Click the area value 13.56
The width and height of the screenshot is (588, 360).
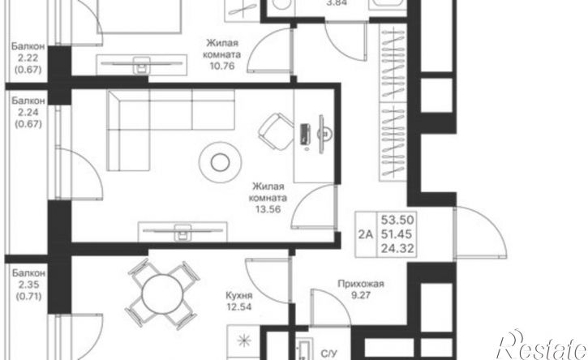[x=268, y=209]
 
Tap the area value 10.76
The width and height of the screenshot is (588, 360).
[x=221, y=66]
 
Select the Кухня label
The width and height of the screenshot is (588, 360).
[x=239, y=295]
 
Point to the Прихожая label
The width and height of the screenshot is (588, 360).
[x=361, y=284]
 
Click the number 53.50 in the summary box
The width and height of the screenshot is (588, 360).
[x=397, y=220]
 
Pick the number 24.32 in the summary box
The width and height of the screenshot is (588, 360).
[x=397, y=248]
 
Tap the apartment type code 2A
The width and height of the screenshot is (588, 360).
[x=366, y=234]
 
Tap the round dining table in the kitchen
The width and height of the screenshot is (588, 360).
[x=162, y=294]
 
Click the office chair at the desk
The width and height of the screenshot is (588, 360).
[x=276, y=132]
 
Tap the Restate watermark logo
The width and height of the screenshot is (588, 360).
[x=542, y=345]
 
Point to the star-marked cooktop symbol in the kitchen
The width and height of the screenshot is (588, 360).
[x=243, y=341]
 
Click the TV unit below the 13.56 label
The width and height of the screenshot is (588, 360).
[x=182, y=231]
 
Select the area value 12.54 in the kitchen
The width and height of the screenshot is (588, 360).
[x=239, y=307]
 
